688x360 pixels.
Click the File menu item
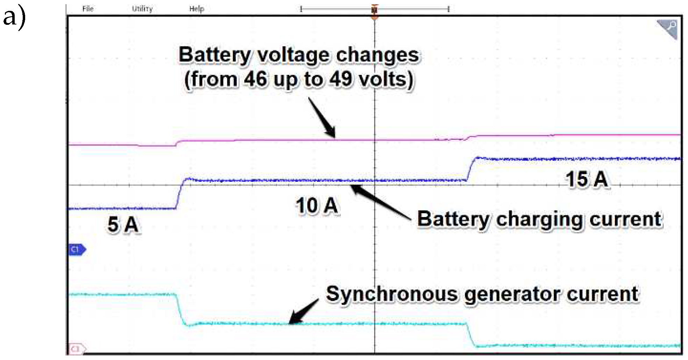[88, 9]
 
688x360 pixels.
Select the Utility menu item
[142, 9]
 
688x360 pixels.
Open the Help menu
[196, 9]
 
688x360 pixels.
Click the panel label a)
[14, 17]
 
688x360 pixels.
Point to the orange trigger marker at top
[374, 10]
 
